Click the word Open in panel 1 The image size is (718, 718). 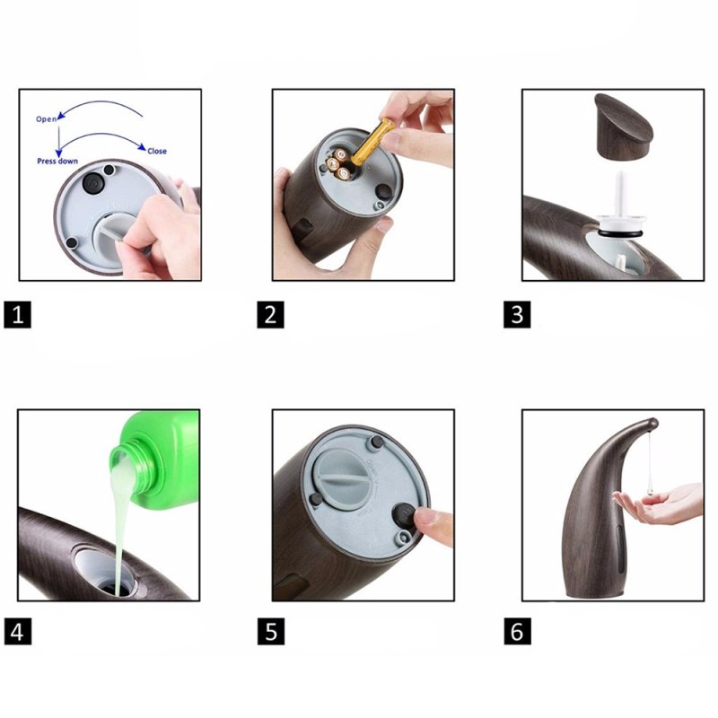coord(47,119)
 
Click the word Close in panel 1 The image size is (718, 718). coord(157,151)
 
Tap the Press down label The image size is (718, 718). coord(57,162)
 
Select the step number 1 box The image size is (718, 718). coord(17,315)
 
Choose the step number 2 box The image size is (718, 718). coord(270,315)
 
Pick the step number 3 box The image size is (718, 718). coord(517,315)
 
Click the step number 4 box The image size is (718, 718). coord(17,632)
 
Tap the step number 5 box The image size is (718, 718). coord(271,632)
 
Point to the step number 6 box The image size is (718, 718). coord(518,632)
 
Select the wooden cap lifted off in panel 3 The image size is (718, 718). coord(624,125)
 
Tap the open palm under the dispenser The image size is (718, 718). coord(660,503)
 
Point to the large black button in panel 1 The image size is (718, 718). coord(93,183)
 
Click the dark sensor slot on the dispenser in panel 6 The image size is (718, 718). coord(620,549)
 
